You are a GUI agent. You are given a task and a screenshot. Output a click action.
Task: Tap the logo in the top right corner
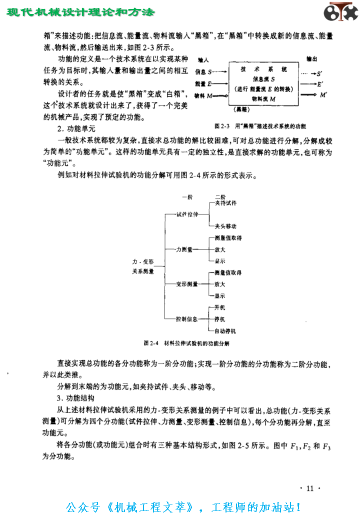pyautogui.click(x=340, y=12)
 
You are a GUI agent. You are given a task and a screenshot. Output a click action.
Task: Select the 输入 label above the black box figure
pyautogui.click(x=203, y=59)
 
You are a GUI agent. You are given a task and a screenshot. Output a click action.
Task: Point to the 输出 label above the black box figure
pyautogui.click(x=310, y=59)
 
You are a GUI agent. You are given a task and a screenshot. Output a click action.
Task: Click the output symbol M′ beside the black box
pyautogui.click(x=323, y=94)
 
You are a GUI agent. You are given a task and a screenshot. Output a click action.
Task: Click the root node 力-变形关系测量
pyautogui.click(x=143, y=267)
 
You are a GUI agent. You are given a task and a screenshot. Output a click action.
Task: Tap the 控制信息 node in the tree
pyautogui.click(x=187, y=318)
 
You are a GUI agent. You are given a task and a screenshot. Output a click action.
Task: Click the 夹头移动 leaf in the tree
pyautogui.click(x=225, y=225)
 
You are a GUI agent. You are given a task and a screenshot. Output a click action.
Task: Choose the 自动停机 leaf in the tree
pyautogui.click(x=225, y=331)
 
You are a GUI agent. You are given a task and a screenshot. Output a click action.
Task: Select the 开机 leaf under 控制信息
pyautogui.click(x=219, y=307)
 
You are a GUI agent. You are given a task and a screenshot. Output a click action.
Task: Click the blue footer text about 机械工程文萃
pyautogui.click(x=183, y=507)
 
